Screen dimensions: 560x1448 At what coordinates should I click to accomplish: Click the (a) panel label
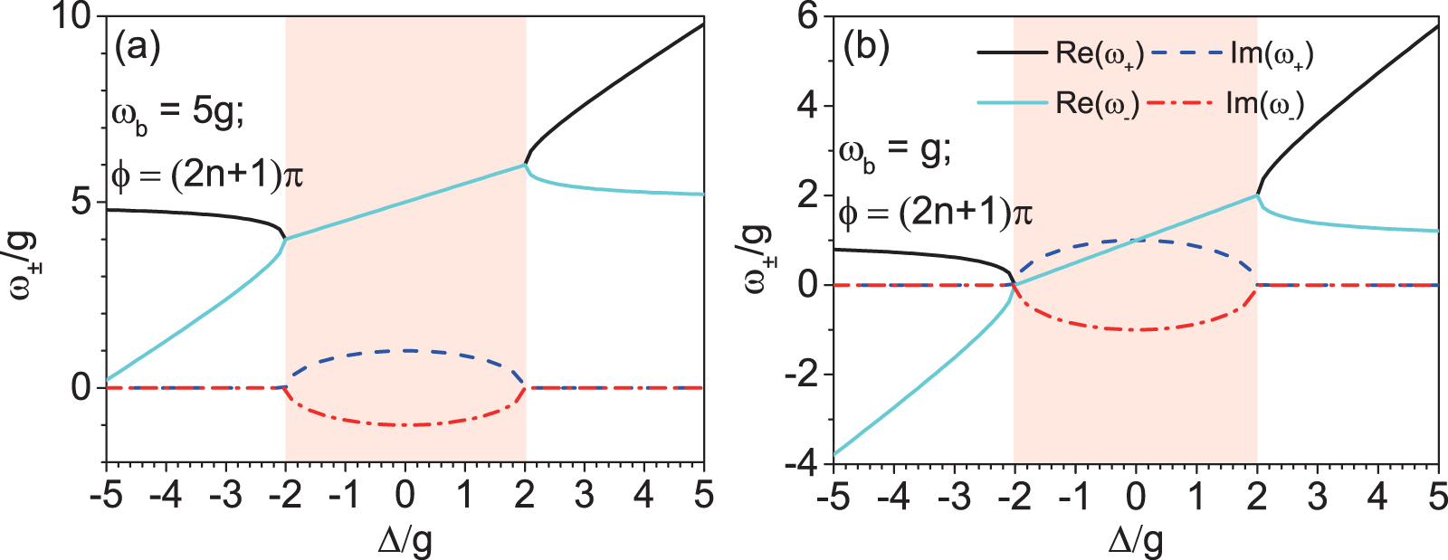[x=138, y=47]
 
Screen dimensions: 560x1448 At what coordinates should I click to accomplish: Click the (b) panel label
[x=866, y=47]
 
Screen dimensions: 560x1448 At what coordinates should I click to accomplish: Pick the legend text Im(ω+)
[x=1272, y=54]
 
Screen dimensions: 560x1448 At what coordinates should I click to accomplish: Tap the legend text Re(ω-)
[x=1098, y=103]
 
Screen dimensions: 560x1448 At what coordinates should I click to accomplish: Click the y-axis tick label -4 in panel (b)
[x=800, y=463]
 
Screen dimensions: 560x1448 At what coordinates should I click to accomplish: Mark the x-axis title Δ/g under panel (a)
[x=405, y=541]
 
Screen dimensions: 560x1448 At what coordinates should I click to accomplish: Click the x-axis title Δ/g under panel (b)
[x=1135, y=541]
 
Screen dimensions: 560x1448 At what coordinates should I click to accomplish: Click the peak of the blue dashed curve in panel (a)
[x=406, y=350]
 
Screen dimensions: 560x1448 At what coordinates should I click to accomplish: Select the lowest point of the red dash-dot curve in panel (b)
[x=1136, y=330]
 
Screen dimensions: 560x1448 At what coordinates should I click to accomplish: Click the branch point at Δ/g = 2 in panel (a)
[x=525, y=165]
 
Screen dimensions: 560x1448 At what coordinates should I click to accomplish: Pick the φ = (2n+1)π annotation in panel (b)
[x=935, y=214]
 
